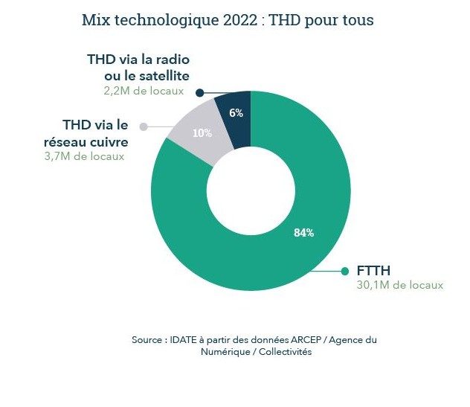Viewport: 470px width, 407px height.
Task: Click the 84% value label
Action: (303, 233)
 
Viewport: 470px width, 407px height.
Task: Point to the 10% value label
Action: (202, 134)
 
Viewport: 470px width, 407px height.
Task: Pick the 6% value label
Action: (236, 113)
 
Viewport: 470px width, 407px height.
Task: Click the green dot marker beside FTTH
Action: (344, 272)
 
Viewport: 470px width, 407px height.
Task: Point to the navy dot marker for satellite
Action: (199, 93)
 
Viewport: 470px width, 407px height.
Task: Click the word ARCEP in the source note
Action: (296, 339)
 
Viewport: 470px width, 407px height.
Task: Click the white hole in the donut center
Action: (251, 190)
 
